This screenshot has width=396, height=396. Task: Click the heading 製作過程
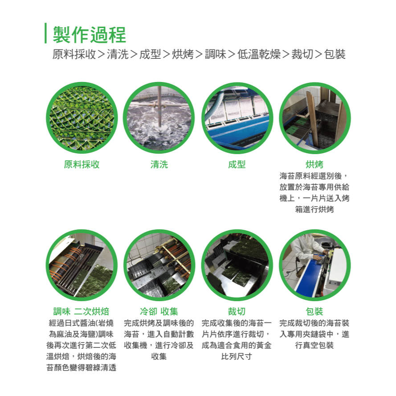[x=89, y=34]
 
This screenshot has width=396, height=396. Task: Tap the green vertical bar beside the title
[x=45, y=33]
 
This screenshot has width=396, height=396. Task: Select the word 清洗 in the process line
[x=118, y=55]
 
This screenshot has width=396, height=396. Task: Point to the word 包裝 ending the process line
[x=335, y=55]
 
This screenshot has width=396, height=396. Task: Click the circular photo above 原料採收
[x=82, y=118]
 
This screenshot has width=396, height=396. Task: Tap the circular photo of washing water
[x=159, y=118]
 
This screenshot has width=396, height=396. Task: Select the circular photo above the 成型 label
[x=237, y=118]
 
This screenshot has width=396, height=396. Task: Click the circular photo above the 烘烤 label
[x=314, y=118]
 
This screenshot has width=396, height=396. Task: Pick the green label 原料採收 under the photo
[x=82, y=165]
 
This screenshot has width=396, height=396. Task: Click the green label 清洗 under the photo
[x=159, y=165]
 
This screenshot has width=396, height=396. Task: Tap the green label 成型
[x=237, y=165]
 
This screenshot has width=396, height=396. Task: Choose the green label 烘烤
[x=314, y=165]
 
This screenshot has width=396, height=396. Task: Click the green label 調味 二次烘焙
[x=82, y=311]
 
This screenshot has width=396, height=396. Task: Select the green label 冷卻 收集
[x=159, y=311]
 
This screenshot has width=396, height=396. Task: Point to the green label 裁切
[x=237, y=311]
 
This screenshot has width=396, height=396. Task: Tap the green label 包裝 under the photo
[x=314, y=311]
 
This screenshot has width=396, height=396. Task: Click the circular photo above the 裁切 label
[x=237, y=265]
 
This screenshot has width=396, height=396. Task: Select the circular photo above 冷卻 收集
[x=159, y=265]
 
